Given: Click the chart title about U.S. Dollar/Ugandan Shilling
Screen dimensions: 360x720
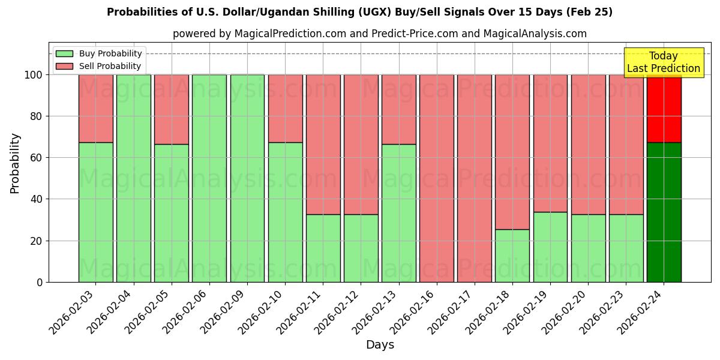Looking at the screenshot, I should (x=359, y=12).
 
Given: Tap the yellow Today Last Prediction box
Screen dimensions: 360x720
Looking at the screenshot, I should (x=663, y=62).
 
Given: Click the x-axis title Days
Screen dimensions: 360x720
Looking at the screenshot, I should (x=380, y=345).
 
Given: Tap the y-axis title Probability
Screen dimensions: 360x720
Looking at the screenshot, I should (x=15, y=163).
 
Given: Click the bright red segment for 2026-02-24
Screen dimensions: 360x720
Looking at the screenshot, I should (x=664, y=109).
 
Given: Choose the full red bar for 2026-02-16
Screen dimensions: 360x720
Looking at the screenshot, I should (x=436, y=178).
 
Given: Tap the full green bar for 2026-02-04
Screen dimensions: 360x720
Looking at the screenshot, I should (x=133, y=178).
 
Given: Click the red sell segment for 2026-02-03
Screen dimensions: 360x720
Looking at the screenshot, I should (x=95, y=109).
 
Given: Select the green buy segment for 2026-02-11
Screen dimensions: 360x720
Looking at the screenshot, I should (x=323, y=248).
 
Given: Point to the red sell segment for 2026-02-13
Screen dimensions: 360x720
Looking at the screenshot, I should (x=398, y=110).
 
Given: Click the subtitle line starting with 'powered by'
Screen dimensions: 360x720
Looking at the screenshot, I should (x=380, y=34).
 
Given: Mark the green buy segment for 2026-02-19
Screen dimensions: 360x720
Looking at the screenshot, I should (x=550, y=247).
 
